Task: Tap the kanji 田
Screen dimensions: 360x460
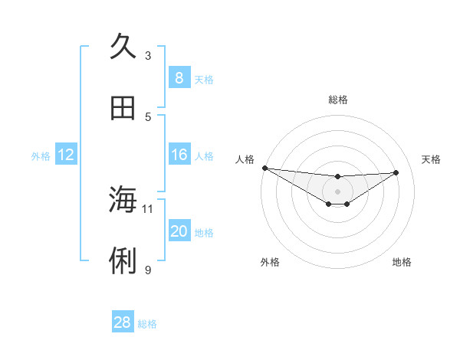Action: [123, 108]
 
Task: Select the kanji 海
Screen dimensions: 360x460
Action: [123, 200]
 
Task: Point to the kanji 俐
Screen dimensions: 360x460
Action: [123, 261]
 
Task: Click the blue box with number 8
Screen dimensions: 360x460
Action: [179, 77]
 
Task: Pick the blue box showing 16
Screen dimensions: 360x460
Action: [179, 155]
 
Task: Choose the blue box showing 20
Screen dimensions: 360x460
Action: [179, 231]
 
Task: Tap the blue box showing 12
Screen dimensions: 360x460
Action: [66, 155]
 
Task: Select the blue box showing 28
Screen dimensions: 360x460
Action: [123, 322]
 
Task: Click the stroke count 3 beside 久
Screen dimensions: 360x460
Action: [148, 55]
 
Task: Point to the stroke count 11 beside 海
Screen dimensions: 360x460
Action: [148, 208]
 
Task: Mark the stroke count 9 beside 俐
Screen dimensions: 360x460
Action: [148, 270]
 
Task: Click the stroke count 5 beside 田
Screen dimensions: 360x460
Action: [148, 116]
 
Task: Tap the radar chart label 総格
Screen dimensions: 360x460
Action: [338, 100]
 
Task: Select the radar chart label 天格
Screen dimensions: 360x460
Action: [431, 159]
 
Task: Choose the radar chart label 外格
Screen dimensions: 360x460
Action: [270, 262]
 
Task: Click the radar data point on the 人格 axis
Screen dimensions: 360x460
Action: [264, 168]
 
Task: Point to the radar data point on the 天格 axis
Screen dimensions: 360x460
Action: [396, 172]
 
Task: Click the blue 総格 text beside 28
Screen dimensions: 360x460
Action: [147, 324]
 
